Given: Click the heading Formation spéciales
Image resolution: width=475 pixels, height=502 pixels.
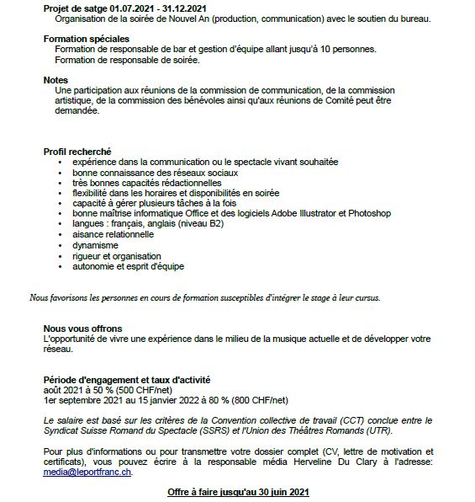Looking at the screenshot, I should coord(86,39).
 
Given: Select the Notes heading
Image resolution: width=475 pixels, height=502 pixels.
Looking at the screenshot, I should coord(56,79).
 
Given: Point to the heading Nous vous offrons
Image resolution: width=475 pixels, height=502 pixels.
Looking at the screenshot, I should coord(82,328).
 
